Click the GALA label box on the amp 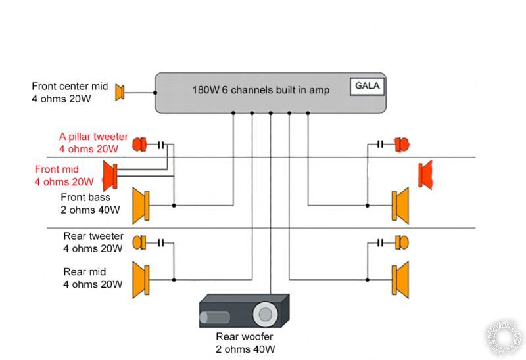[368, 86]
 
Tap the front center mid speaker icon [120, 93]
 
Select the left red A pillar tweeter [140, 144]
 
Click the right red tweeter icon [402, 144]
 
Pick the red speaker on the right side [425, 174]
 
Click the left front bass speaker [142, 205]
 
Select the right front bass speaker [400, 205]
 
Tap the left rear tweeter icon [140, 243]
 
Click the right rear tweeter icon [402, 243]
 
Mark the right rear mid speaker [400, 279]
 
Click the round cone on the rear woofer [266, 314]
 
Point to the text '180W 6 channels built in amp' [260, 90]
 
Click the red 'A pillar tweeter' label [93, 137]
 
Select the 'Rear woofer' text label [244, 336]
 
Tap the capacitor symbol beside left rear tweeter [160, 243]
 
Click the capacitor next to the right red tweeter [381, 144]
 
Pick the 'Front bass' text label [85, 197]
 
